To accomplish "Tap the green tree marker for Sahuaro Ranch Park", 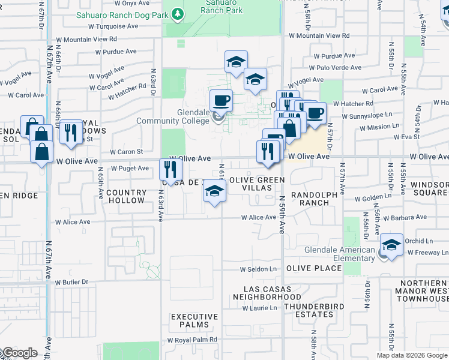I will (x=176, y=13).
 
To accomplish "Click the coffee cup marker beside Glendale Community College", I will (x=221, y=100).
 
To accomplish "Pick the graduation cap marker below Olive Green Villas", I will (x=213, y=192).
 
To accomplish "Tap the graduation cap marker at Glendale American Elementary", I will (x=391, y=245).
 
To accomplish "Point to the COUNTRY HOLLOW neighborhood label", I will (x=127, y=197).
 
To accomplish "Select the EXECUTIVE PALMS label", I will (x=194, y=320).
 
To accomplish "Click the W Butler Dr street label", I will (x=71, y=282).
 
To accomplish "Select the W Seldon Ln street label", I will (x=259, y=269).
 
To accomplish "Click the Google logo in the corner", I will (x=19, y=353).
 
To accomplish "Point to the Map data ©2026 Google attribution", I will (x=411, y=355).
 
